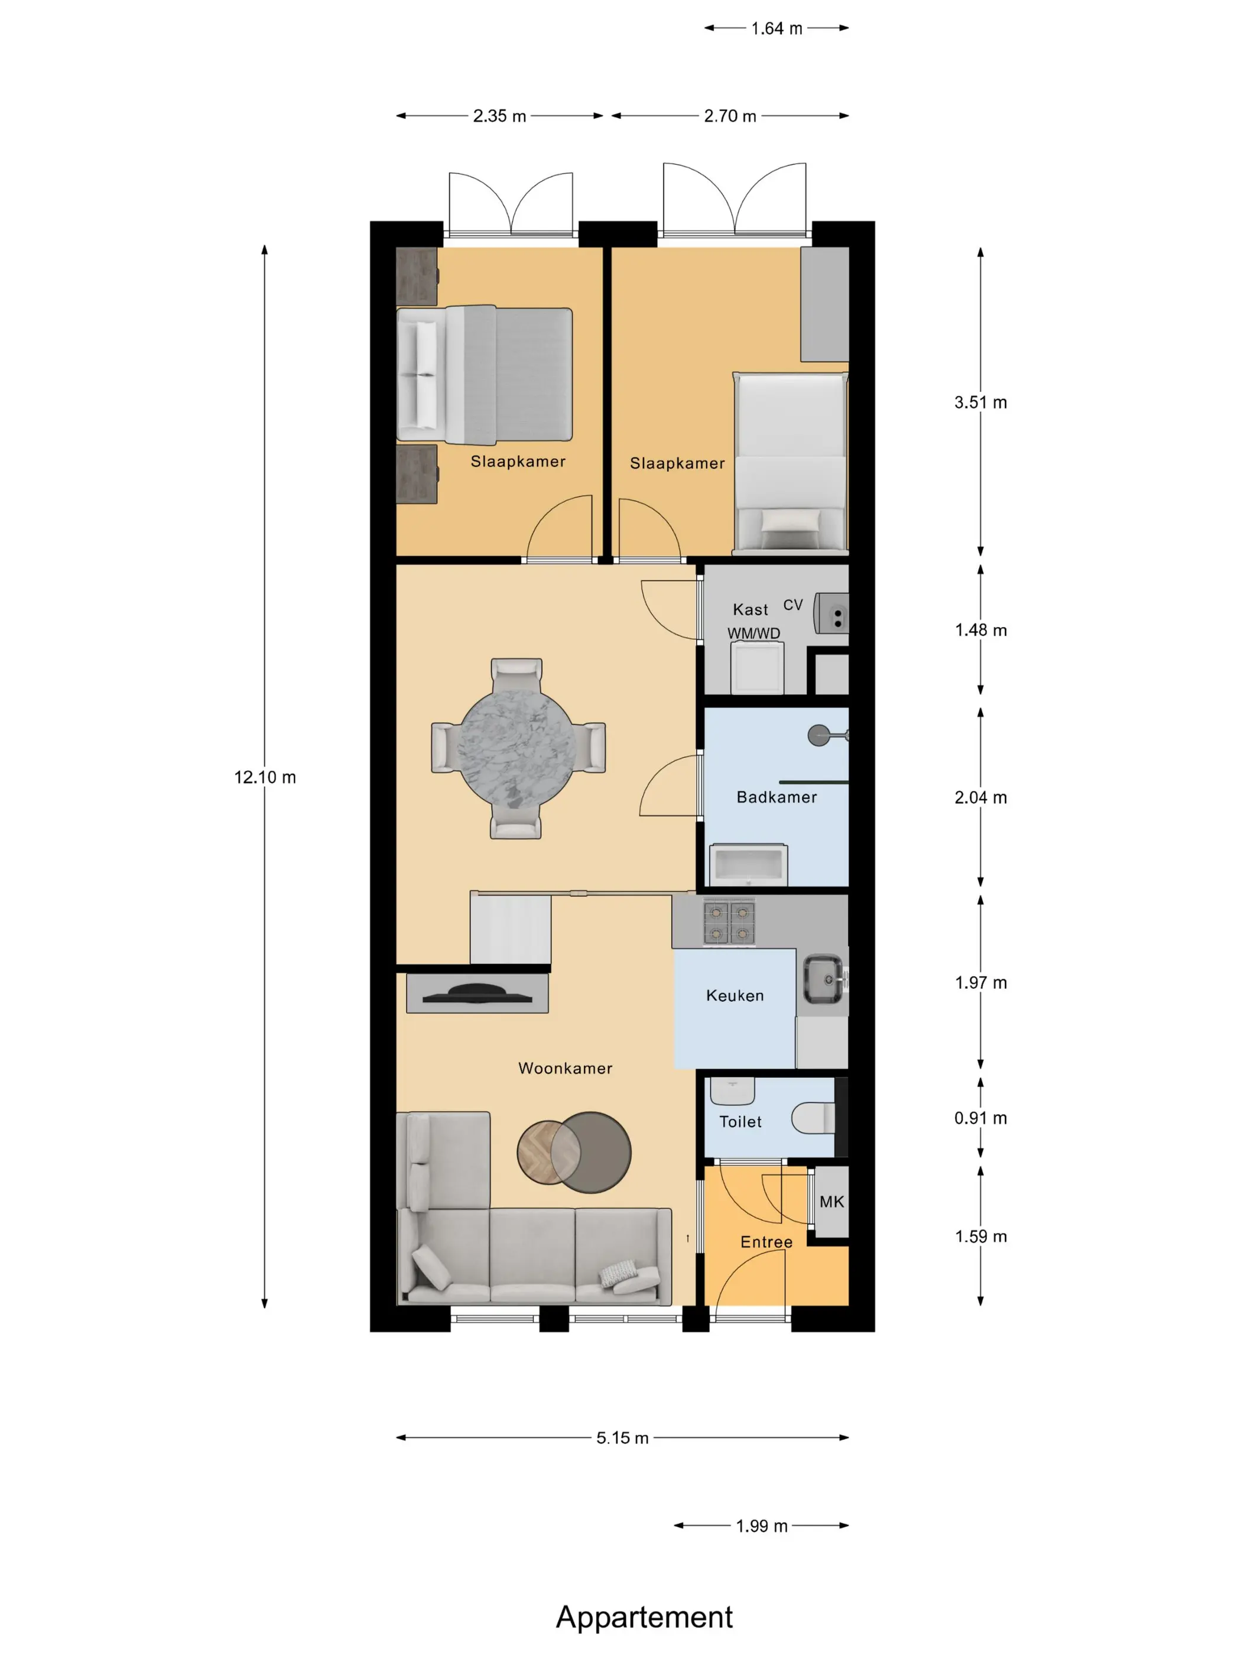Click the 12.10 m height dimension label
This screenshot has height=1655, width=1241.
[x=265, y=777]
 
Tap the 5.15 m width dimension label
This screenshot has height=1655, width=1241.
[x=622, y=1438]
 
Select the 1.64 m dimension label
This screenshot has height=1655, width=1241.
[x=777, y=28]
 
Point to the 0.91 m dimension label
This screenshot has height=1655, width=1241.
[x=980, y=1118]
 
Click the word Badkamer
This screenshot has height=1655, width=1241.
[x=777, y=797]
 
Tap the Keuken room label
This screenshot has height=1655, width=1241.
[x=735, y=996]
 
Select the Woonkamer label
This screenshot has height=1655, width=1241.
[x=566, y=1069]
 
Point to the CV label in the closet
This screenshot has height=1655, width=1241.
[x=793, y=605]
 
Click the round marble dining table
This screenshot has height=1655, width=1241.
[x=516, y=748]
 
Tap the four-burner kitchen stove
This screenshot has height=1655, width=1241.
[x=729, y=921]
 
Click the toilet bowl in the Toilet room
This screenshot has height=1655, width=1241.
[x=813, y=1118]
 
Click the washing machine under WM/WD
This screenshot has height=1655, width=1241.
[x=757, y=667]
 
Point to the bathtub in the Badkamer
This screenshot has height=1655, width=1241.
[x=748, y=864]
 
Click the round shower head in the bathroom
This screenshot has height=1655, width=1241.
[x=819, y=735]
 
